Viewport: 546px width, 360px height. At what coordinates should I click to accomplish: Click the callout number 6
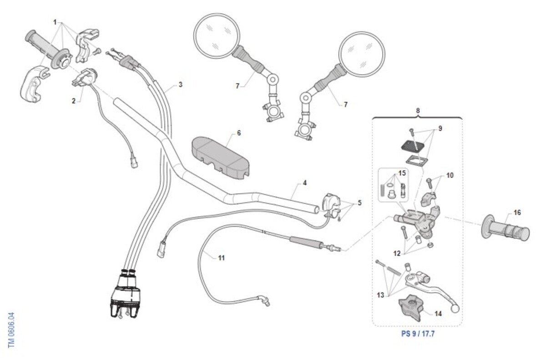pos(239,133)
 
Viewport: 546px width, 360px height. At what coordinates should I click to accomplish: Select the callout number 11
pos(221,258)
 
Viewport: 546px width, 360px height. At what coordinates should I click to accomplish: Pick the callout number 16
pos(517,213)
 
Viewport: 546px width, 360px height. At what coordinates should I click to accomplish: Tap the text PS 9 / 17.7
pos(418,334)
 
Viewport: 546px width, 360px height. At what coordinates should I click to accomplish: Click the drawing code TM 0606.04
pos(11,330)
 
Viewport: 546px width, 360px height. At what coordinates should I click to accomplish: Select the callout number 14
pos(438,314)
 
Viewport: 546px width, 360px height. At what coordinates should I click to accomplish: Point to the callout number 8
pos(418,110)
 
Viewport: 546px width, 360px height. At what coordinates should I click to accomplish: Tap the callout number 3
pos(180,85)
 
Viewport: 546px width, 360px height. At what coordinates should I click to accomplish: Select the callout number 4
pos(304,183)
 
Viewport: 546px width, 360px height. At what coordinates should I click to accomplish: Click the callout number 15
pos(402,173)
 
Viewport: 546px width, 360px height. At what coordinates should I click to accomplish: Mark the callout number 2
pos(74,101)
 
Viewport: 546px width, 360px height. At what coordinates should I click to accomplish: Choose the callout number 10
pos(450,175)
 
